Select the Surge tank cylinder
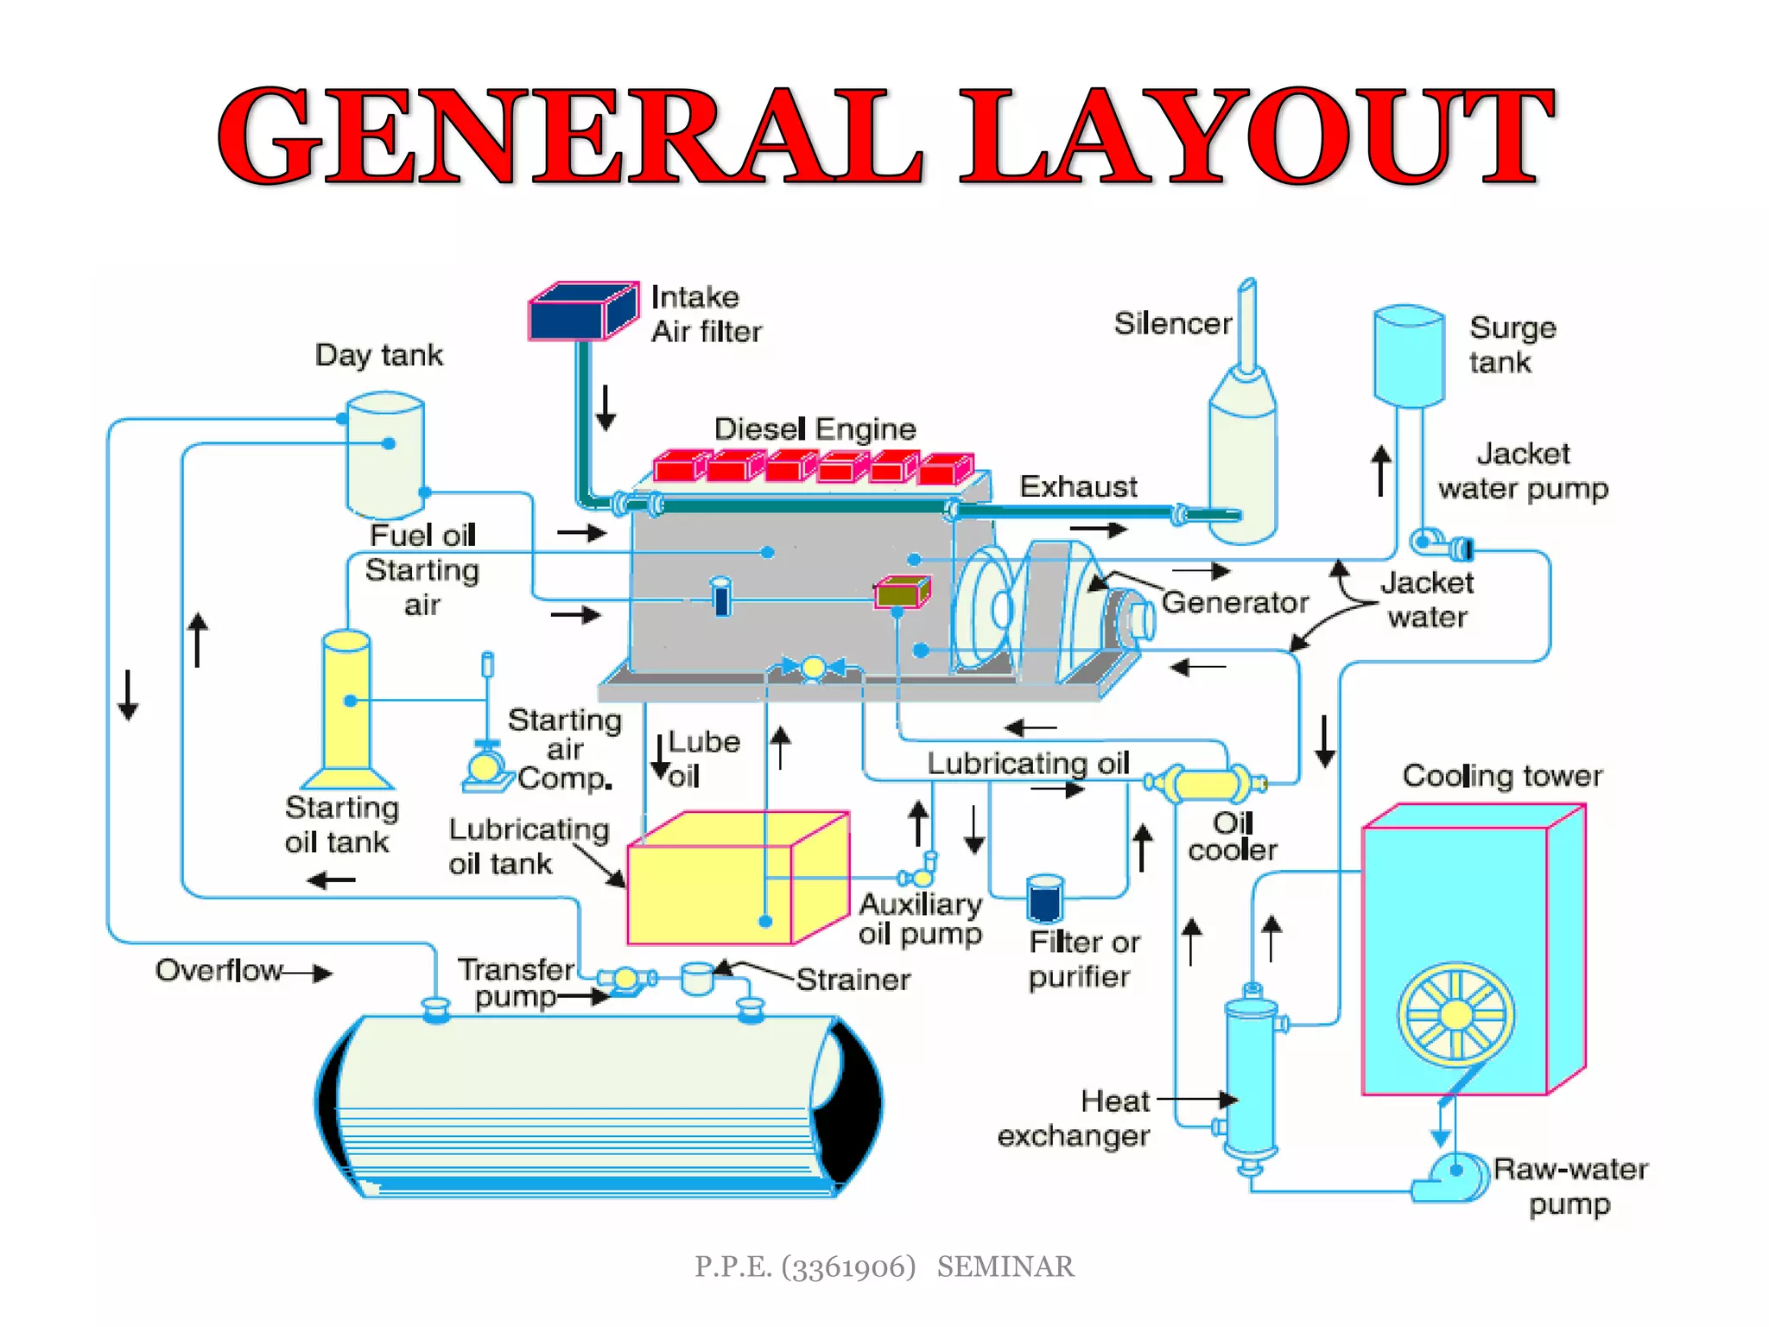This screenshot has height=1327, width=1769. [x=1408, y=356]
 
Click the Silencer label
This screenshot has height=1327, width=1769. [x=1172, y=323]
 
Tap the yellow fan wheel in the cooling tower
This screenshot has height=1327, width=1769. [x=1455, y=1013]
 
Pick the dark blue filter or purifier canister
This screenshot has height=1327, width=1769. [x=1045, y=899]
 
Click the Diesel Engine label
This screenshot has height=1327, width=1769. [x=815, y=429]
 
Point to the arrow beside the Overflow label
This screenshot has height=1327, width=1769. [x=308, y=974]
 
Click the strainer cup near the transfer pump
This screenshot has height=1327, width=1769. [x=697, y=979]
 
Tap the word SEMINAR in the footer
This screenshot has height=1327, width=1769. [x=1005, y=1267]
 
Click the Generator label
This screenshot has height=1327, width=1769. [x=1234, y=602]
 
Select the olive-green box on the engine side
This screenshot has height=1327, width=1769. [x=902, y=593]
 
